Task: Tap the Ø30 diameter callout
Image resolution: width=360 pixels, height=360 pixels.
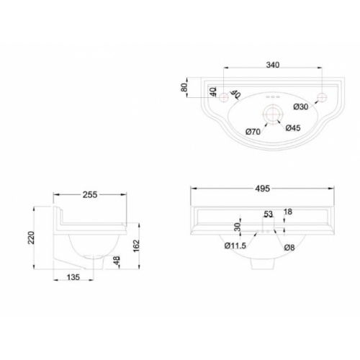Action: click(x=301, y=107)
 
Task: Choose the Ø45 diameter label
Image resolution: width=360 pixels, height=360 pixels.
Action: click(x=292, y=128)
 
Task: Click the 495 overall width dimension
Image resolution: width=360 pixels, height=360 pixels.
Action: click(x=262, y=189)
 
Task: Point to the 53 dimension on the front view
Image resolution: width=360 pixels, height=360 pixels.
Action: click(x=269, y=215)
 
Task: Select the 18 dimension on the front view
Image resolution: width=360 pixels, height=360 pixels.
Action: click(x=288, y=212)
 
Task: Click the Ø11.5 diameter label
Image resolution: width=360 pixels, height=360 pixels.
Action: click(x=236, y=248)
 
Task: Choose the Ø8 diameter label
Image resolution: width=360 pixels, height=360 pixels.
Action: click(x=289, y=248)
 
